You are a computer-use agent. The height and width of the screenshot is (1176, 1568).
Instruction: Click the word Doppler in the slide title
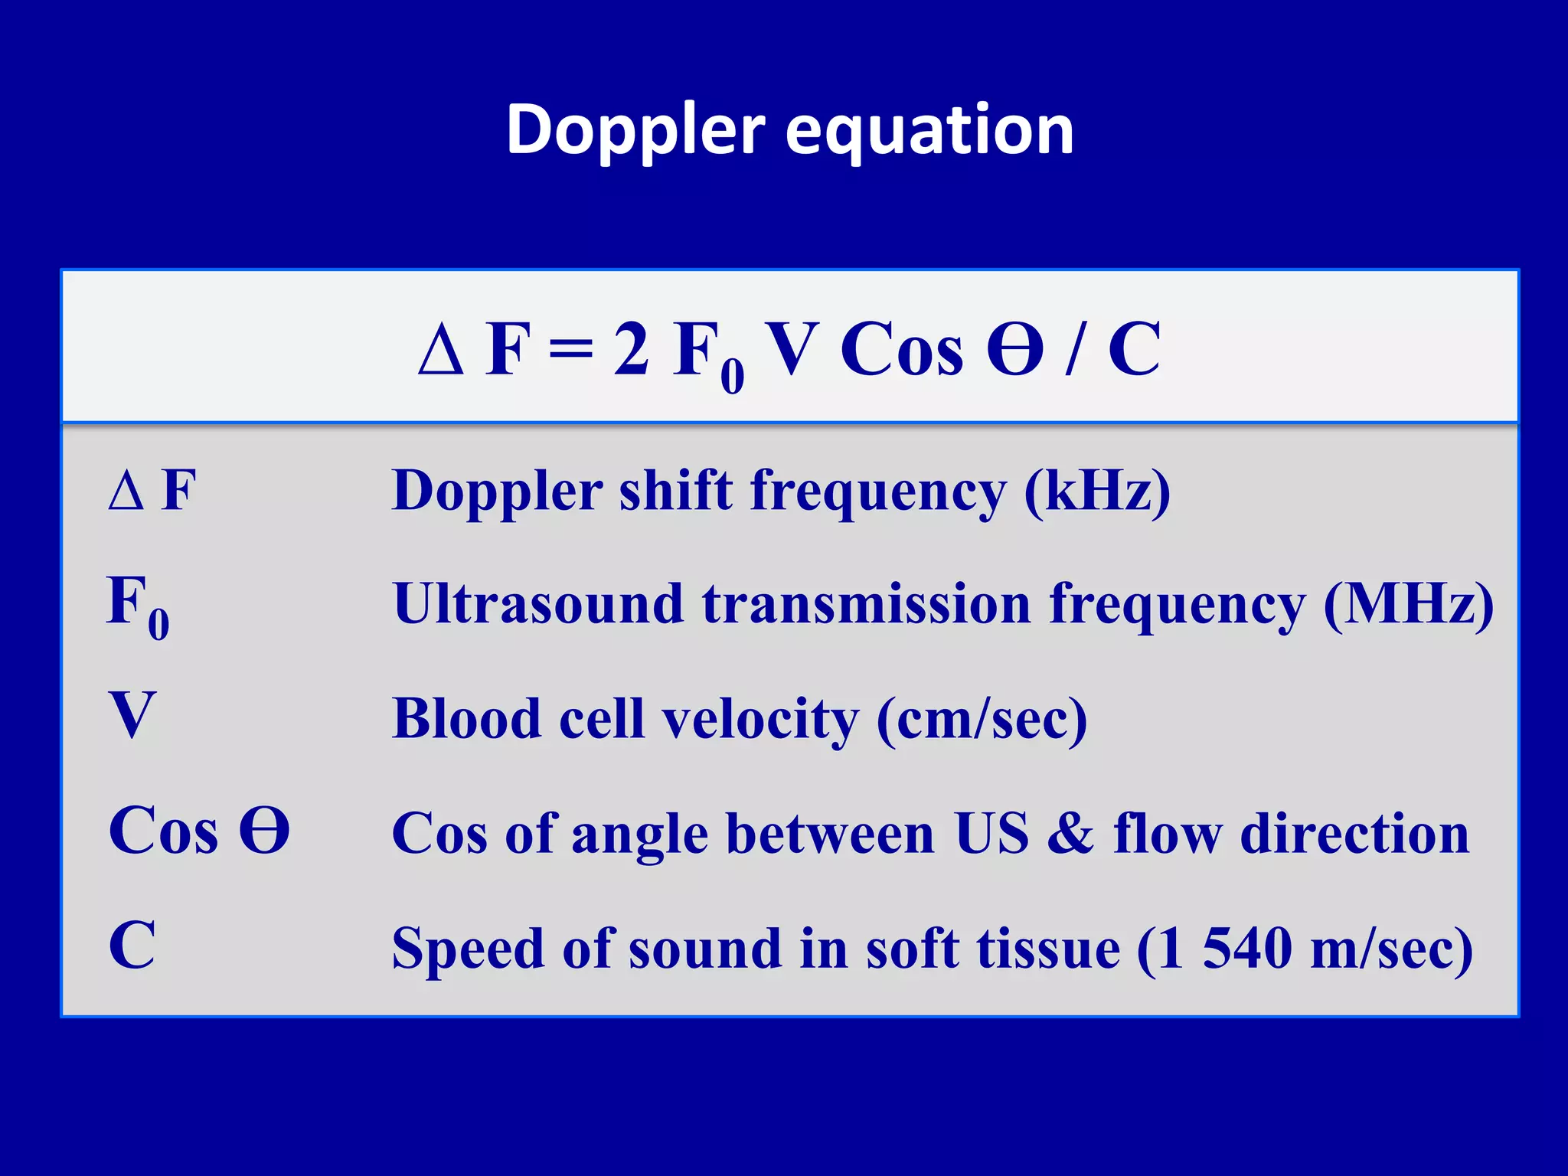[635, 130]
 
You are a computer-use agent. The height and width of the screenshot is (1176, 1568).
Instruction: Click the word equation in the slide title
[929, 132]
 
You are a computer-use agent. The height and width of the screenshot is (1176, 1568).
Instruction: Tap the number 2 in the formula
[632, 349]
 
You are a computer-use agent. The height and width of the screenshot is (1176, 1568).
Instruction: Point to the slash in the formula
[1076, 351]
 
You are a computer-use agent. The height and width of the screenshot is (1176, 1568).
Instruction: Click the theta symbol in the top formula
[1014, 349]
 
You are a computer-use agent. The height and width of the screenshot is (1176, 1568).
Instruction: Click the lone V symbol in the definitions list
[132, 715]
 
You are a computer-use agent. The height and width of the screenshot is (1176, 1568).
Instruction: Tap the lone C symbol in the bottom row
[132, 946]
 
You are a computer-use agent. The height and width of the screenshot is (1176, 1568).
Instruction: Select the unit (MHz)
[1409, 605]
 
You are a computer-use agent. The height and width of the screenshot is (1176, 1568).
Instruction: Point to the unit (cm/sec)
[982, 720]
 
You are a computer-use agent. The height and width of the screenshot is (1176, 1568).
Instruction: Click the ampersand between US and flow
[1070, 833]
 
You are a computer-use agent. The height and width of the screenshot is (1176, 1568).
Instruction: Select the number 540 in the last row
[1247, 948]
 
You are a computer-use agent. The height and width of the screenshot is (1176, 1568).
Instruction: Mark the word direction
[1354, 833]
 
